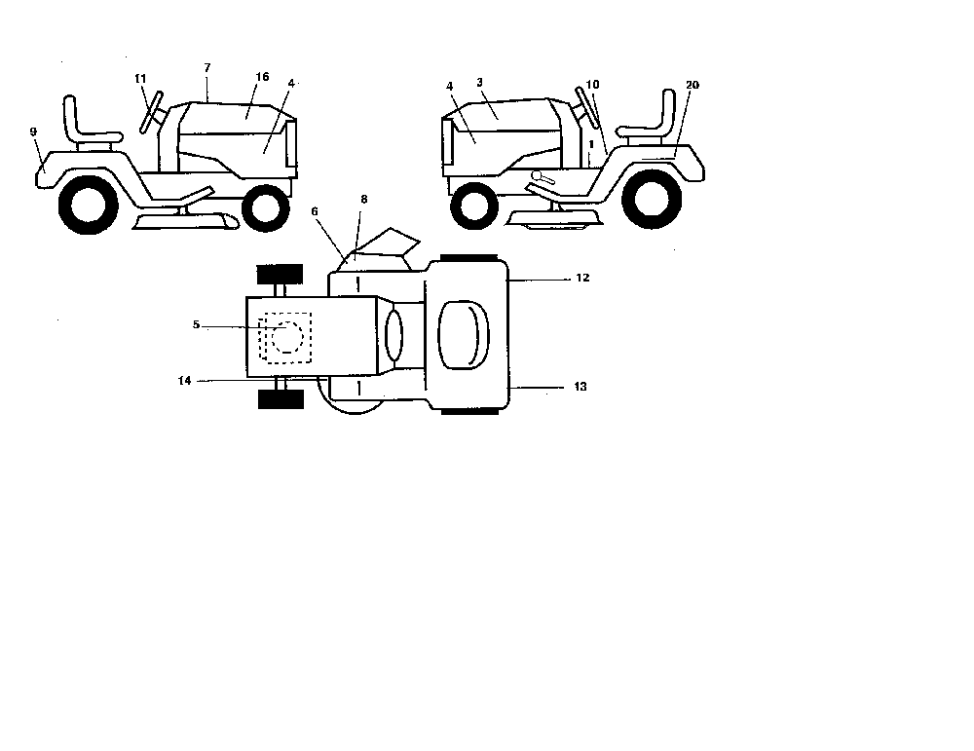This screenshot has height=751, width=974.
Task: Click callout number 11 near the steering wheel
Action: tap(140, 79)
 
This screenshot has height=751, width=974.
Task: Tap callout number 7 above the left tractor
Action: tap(207, 68)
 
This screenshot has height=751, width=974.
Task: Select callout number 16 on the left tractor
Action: tap(262, 76)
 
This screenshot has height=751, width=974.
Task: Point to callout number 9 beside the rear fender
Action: tap(33, 131)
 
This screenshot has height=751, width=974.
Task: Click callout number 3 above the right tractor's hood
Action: tap(479, 82)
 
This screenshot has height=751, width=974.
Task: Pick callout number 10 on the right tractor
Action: tap(592, 85)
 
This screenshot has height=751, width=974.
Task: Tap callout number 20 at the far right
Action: tap(692, 85)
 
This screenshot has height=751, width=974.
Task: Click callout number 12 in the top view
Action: tap(582, 278)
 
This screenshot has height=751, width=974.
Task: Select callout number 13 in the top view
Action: tap(581, 387)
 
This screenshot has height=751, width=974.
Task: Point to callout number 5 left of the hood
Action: tap(197, 324)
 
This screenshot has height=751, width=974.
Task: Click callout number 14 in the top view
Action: tap(184, 381)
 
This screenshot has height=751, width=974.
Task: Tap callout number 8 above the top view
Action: tap(364, 200)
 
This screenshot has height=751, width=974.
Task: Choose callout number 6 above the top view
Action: tap(315, 211)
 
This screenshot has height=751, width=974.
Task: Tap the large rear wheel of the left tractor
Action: tap(88, 205)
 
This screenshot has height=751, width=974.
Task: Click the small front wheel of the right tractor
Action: tap(474, 205)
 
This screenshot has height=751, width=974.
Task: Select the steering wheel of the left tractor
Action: tap(151, 112)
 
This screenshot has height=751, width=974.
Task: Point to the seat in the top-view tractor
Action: tap(464, 335)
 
